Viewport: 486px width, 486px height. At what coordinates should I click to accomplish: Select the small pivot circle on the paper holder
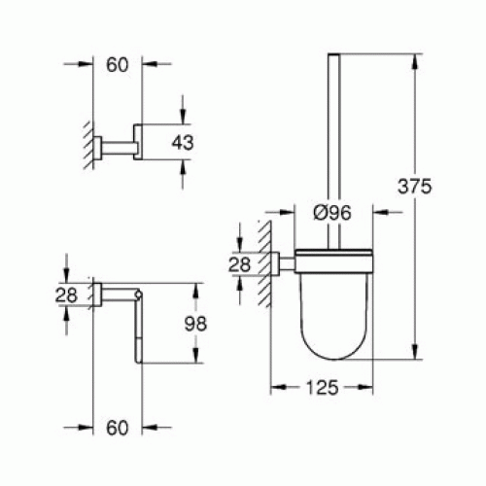pyautogui.click(x=141, y=293)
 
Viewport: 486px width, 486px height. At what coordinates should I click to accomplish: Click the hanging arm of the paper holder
pyautogui.click(x=142, y=330)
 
